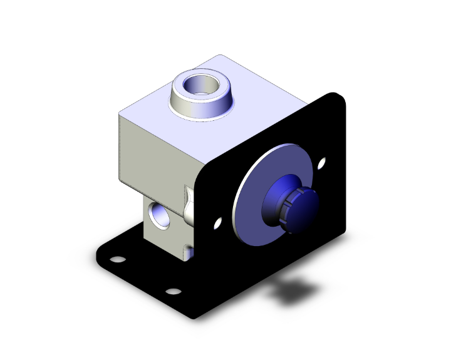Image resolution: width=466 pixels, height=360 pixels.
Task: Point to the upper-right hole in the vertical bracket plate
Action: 321,165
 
